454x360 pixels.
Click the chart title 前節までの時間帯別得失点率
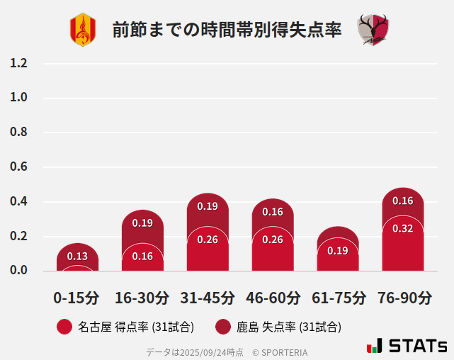227,30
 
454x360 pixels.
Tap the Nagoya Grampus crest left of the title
82,30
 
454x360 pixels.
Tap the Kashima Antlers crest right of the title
373,30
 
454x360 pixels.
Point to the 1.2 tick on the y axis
19,63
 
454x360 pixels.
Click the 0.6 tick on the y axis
19,167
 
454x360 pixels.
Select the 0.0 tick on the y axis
19,271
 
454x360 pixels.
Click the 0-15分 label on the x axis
77,298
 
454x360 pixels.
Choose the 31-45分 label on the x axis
208,298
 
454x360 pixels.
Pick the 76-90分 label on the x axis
403,298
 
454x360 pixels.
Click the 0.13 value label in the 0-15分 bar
77,257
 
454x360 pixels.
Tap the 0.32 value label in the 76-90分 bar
402,228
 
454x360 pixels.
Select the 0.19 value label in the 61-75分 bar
338,250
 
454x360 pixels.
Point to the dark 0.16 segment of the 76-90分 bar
402,201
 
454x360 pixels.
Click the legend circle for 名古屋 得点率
64,327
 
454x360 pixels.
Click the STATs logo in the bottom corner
407,347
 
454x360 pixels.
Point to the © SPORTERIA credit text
280,352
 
